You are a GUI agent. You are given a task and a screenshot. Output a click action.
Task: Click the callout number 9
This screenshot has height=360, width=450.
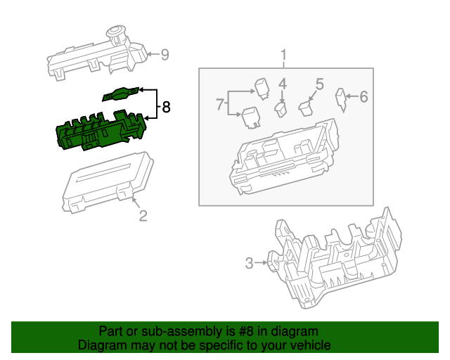click(165, 54)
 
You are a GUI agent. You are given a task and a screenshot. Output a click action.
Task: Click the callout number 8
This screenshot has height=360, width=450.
click(166, 108)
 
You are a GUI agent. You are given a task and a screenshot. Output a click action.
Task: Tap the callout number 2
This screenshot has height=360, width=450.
click(142, 216)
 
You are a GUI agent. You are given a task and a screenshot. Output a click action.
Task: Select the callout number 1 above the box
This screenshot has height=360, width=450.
click(284, 55)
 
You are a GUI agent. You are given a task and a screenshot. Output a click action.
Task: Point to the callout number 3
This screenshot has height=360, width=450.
click(249, 264)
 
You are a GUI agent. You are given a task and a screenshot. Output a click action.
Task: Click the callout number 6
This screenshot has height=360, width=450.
click(364, 97)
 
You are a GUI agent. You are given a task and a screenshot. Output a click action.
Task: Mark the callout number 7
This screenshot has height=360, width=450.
click(220, 105)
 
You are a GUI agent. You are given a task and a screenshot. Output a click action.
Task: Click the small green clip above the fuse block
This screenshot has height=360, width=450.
click(121, 94)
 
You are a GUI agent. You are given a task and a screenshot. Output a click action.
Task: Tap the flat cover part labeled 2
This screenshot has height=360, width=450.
click(109, 181)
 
